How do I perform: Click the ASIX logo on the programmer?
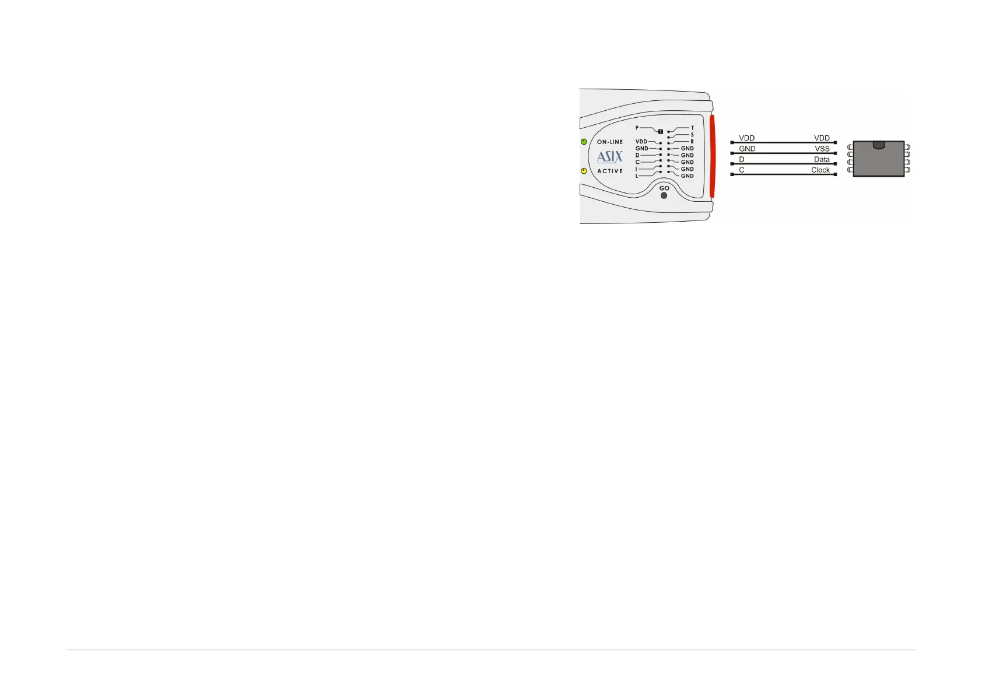[x=609, y=156]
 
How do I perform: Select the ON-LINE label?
[x=610, y=142]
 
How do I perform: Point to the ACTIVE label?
[x=610, y=171]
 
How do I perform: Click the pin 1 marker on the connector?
[x=661, y=131]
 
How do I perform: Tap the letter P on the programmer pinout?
[x=637, y=128]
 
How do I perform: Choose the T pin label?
[x=692, y=128]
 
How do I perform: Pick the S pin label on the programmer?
[x=692, y=135]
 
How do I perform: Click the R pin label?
[x=692, y=142]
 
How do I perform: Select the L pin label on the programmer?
[x=637, y=176]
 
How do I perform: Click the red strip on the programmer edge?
[x=712, y=156]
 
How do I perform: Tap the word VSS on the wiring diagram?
[x=822, y=149]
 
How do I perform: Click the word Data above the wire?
[x=822, y=159]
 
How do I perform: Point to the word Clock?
[x=820, y=170]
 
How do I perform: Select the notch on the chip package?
[x=879, y=144]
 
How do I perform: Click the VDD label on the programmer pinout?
[x=641, y=142]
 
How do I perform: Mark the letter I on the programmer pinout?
[x=637, y=169]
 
